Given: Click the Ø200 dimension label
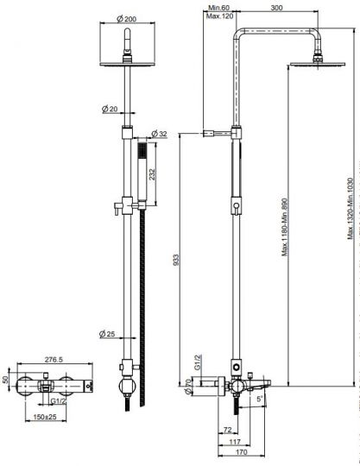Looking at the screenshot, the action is pyautogui.click(x=126, y=19).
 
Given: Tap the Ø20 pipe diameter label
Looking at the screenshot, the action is pyautogui.click(x=110, y=109).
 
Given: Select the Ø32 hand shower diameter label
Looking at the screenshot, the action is pyautogui.click(x=160, y=134).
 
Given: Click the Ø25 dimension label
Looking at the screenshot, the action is pyautogui.click(x=107, y=334).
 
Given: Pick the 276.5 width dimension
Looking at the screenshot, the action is pyautogui.click(x=54, y=360).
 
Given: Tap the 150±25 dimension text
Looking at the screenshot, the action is pyautogui.click(x=45, y=417).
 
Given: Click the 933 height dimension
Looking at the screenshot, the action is pyautogui.click(x=176, y=260).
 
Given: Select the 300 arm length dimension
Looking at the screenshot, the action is pyautogui.click(x=276, y=8).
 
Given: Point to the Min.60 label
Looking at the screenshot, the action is pyautogui.click(x=218, y=8).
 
